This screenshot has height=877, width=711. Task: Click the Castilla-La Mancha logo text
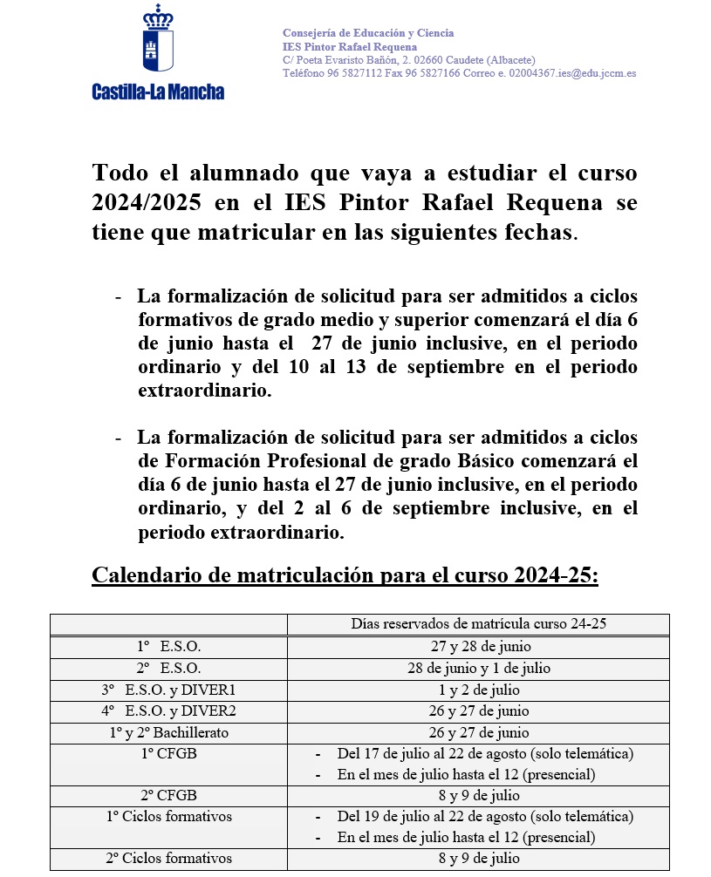[158, 92]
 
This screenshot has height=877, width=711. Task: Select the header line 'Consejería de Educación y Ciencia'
[368, 33]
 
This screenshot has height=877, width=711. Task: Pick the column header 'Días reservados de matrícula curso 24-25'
[478, 624]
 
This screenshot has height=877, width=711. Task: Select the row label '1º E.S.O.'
[168, 647]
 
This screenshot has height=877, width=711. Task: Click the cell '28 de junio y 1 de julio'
[478, 668]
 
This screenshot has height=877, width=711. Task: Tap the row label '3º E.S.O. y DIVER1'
[168, 690]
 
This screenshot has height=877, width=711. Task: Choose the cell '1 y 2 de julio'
[478, 690]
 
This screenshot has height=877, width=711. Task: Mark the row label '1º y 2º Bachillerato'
[168, 732]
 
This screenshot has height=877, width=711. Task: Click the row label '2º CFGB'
[168, 795]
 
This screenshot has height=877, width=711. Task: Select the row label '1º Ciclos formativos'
[168, 817]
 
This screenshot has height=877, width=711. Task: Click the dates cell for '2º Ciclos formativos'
[478, 859]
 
